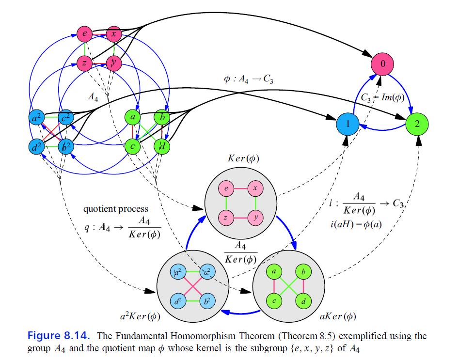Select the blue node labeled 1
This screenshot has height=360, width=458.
(x=347, y=124)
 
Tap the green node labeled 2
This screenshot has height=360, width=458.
(x=417, y=124)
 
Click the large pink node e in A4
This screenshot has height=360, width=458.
(x=84, y=34)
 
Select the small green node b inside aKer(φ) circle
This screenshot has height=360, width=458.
(x=303, y=273)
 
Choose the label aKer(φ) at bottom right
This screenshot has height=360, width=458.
(x=338, y=317)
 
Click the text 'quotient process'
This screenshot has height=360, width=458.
(x=116, y=209)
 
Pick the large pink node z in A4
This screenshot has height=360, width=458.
(x=84, y=63)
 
